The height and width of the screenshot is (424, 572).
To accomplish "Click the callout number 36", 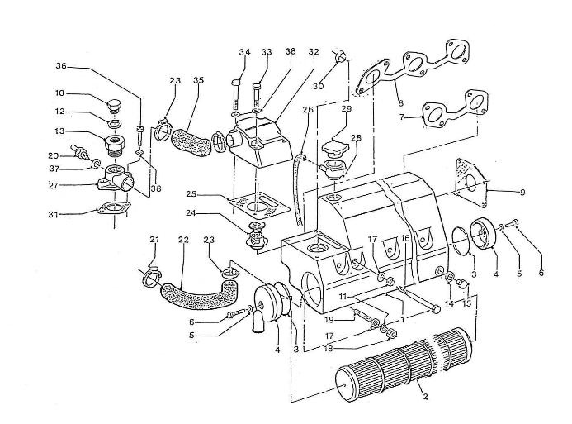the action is tap(61, 66).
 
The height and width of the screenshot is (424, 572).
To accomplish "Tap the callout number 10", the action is tap(59, 93).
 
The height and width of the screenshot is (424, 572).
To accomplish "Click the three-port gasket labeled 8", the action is tap(412, 68).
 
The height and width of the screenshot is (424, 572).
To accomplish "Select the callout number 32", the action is tap(314, 52).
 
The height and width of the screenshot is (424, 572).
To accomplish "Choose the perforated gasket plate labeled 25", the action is tap(258, 205).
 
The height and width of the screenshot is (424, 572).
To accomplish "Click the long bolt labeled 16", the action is tap(418, 300).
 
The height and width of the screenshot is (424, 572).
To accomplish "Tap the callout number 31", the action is tap(54, 214).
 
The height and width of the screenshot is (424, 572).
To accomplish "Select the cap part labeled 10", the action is tap(116, 106).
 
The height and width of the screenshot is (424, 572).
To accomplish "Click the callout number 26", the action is tap(308, 109).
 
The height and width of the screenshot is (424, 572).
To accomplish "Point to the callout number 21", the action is tap(154, 239).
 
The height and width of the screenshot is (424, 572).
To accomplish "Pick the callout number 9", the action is tap(522, 192).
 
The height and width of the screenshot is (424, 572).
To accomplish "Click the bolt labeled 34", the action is tap(235, 94).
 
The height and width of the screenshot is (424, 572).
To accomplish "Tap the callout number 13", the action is tap(59, 131).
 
